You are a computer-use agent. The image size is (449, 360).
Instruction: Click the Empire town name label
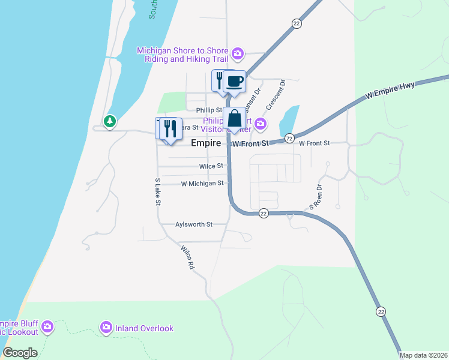[x=206, y=144]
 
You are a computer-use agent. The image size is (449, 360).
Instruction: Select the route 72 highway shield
[x=289, y=139]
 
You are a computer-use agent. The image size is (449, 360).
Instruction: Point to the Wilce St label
[x=211, y=166]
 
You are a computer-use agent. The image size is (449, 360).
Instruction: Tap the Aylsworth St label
[x=193, y=224]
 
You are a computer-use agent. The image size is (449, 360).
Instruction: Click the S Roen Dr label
[x=316, y=197]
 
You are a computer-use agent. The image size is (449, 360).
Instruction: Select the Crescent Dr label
[x=274, y=94]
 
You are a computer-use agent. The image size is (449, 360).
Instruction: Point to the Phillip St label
[x=209, y=110]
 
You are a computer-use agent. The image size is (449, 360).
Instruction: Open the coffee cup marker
[x=234, y=82]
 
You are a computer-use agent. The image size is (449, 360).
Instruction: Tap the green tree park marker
[x=109, y=122]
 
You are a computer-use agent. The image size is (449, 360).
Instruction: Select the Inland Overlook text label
[x=145, y=328]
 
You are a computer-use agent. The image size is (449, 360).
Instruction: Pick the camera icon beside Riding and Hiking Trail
[x=238, y=55]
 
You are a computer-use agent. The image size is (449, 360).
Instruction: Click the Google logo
[x=20, y=353]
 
